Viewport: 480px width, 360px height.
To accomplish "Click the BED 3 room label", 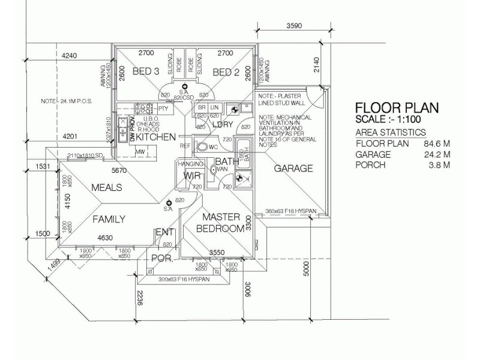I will point(146,72).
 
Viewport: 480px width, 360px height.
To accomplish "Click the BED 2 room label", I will point(226,73).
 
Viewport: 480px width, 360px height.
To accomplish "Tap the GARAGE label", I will point(293,169).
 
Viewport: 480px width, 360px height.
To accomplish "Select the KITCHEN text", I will point(155,137).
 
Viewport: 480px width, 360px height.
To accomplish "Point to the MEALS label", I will point(106,188).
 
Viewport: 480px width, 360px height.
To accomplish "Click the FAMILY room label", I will point(109,220).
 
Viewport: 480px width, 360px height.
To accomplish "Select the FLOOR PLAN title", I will point(397,108).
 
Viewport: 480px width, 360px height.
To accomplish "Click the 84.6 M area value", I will point(436,143).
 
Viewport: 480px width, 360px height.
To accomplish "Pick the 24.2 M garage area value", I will point(436,154).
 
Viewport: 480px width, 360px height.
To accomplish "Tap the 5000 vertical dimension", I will point(307,269).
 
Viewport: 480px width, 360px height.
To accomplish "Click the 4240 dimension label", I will point(70,56).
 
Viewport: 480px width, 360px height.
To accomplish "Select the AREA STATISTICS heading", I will point(391,133).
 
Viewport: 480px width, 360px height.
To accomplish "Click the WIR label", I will point(192,176).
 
